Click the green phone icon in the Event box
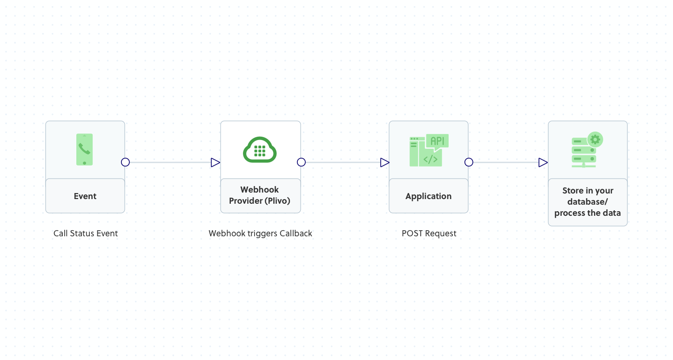click(x=84, y=149)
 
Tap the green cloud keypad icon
click(x=260, y=149)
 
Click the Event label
click(x=85, y=196)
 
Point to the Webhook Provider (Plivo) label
click(x=260, y=195)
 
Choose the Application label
click(x=428, y=196)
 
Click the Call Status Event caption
click(x=86, y=233)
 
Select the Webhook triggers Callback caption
click(x=260, y=233)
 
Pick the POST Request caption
click(x=429, y=233)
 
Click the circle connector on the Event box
click(x=125, y=162)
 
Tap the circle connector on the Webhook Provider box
click(x=301, y=162)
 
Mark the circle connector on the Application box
click(x=469, y=162)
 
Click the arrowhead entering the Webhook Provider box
click(x=215, y=162)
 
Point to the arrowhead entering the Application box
click(x=384, y=162)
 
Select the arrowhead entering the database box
click(x=543, y=162)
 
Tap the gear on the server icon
click(x=595, y=139)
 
